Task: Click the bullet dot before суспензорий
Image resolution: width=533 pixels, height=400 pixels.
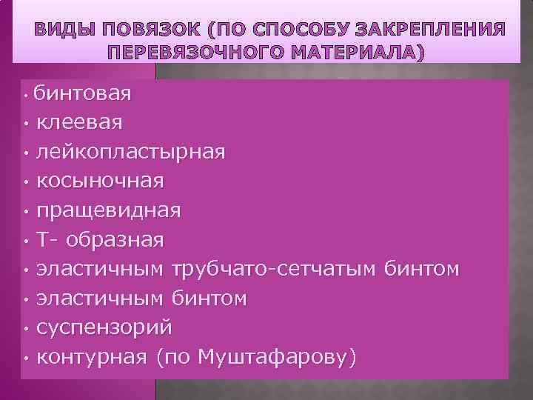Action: click(x=25, y=329)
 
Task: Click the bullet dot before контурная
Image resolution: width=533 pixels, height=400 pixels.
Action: click(x=25, y=359)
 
